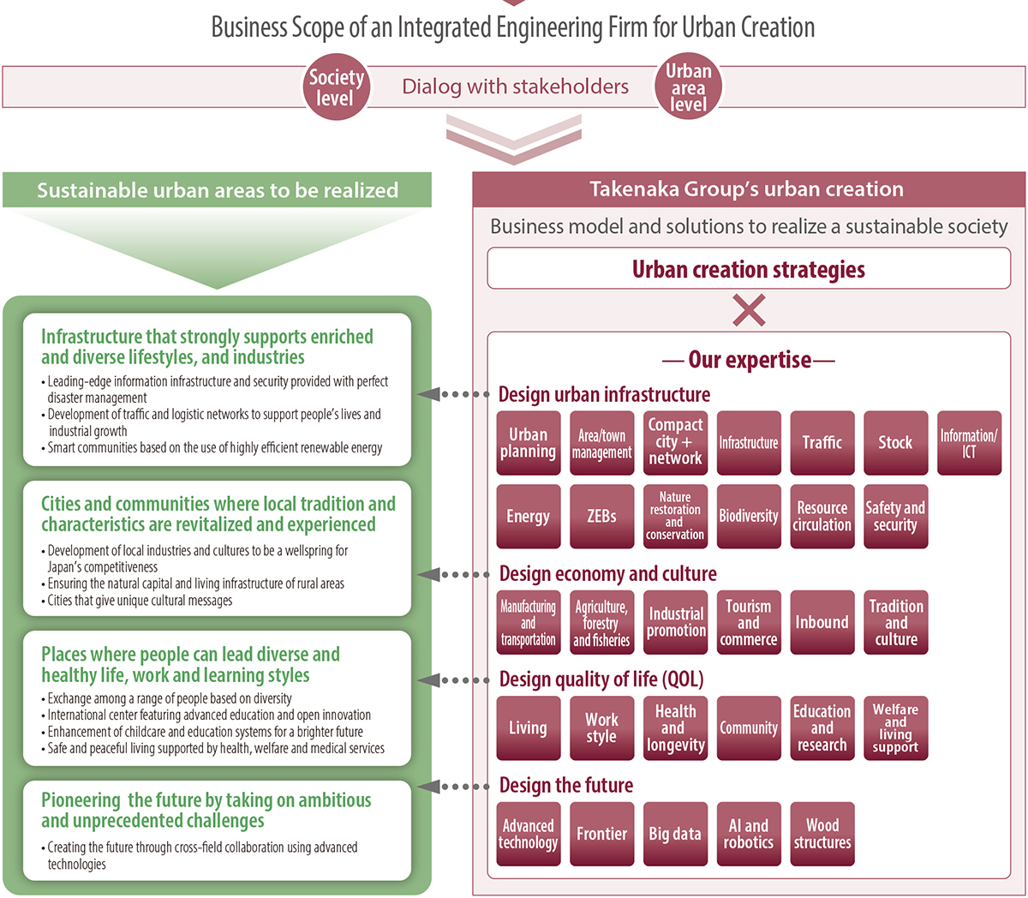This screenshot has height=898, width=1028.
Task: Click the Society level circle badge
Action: coord(336,87)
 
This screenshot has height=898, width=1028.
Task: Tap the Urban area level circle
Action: coord(688,87)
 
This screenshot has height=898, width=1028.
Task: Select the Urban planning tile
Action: coord(528,443)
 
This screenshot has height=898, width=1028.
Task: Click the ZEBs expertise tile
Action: coord(601,517)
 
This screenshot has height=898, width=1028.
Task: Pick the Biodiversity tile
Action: coord(749,517)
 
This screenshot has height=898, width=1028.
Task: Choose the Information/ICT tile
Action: coord(969,443)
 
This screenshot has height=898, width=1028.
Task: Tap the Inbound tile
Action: coord(822,623)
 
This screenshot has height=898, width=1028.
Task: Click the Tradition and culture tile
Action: coord(895,623)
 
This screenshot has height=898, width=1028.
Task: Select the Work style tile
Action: coord(601,728)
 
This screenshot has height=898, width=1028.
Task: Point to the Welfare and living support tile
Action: coord(895,728)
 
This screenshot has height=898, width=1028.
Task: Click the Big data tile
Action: coord(675,834)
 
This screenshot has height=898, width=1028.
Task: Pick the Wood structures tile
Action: coord(822,834)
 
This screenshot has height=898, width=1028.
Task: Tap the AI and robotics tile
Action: coord(749,834)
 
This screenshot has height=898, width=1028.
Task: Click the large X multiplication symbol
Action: coord(749,310)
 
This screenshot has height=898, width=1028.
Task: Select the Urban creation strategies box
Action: coord(749,269)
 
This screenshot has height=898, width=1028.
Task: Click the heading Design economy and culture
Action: coord(607,574)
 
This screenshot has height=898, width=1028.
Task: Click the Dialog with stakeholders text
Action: coord(515,87)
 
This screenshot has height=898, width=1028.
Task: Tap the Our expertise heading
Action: coord(749,360)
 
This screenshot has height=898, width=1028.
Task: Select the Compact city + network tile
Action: coord(675,443)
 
